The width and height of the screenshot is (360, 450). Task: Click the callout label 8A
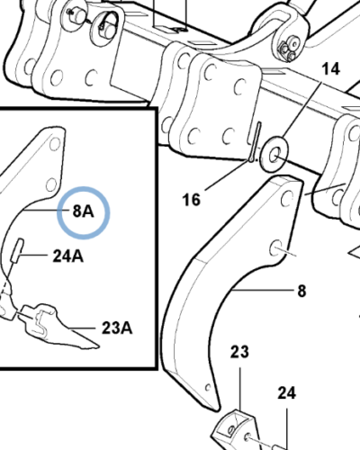coord(83,211)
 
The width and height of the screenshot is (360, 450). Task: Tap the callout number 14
coord(330,69)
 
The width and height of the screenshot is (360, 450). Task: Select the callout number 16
coord(192,200)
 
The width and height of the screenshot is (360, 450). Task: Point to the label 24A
coord(68,256)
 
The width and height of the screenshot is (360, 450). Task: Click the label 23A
coord(117,328)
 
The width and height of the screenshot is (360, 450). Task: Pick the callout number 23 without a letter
coord(239,352)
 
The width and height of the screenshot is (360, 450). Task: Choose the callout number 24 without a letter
coord(287,392)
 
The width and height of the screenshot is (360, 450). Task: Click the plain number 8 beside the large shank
coord(301,291)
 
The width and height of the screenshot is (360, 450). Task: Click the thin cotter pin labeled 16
coord(256,141)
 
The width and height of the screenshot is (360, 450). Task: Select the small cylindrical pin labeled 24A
coord(17,250)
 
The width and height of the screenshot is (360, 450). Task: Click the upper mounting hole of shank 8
coord(287,198)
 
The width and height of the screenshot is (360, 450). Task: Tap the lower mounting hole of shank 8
coord(275,247)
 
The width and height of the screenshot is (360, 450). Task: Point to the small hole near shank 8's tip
coord(208,388)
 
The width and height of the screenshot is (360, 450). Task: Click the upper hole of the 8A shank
coord(55,144)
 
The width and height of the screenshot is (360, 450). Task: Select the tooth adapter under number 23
coord(236,430)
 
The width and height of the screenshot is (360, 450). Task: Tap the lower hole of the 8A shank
coord(51,184)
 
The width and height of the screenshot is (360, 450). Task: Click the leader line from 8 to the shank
coord(262,290)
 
